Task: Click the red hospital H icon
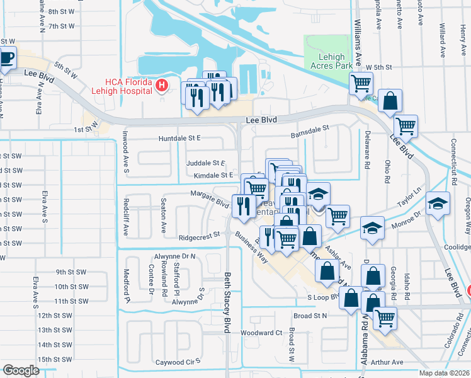(x=162, y=85)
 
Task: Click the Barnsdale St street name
(x=310, y=129)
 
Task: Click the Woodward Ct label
(x=261, y=333)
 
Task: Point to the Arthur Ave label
(x=387, y=362)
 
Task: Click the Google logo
(x=21, y=370)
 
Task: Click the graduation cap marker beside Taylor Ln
(x=438, y=203)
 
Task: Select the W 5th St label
(x=377, y=67)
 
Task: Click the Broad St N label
(x=310, y=315)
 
